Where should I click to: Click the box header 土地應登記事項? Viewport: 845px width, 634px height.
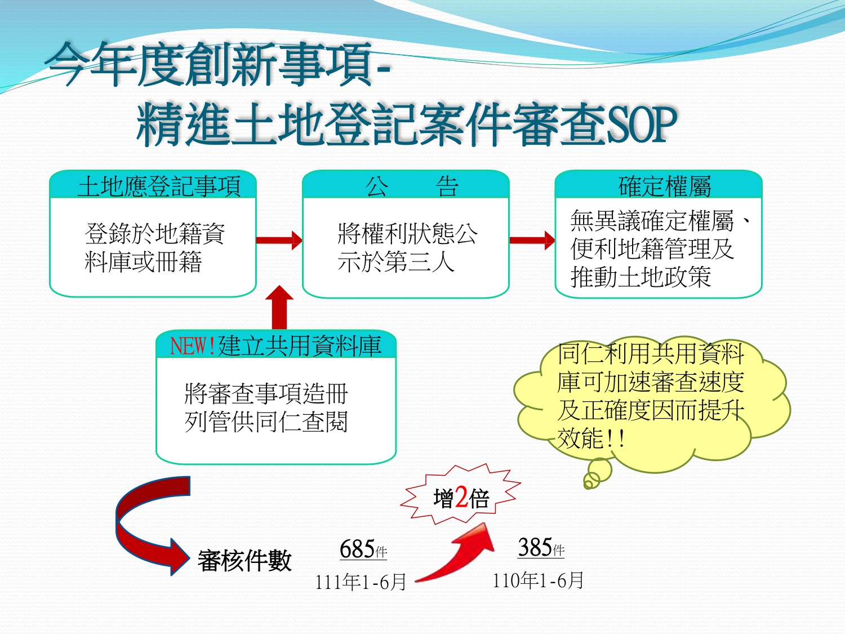click(x=159, y=186)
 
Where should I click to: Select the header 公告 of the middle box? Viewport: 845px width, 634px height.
click(x=411, y=186)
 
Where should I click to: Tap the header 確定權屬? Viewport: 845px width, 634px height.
click(x=665, y=186)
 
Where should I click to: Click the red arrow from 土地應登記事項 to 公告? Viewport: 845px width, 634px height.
click(x=279, y=240)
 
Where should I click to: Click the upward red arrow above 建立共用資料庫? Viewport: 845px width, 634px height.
click(x=279, y=307)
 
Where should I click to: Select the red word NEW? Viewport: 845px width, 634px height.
click(x=193, y=346)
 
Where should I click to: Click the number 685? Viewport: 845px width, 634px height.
click(x=357, y=549)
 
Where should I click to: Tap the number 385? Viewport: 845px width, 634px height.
click(x=535, y=547)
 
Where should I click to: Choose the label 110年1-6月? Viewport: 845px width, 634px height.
click(x=538, y=580)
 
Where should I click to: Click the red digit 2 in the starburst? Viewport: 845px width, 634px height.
click(x=461, y=497)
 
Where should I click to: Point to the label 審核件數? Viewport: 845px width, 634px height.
click(x=244, y=560)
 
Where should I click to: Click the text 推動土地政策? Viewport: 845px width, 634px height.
click(x=641, y=277)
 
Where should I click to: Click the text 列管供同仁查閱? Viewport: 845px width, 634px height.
click(x=266, y=422)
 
